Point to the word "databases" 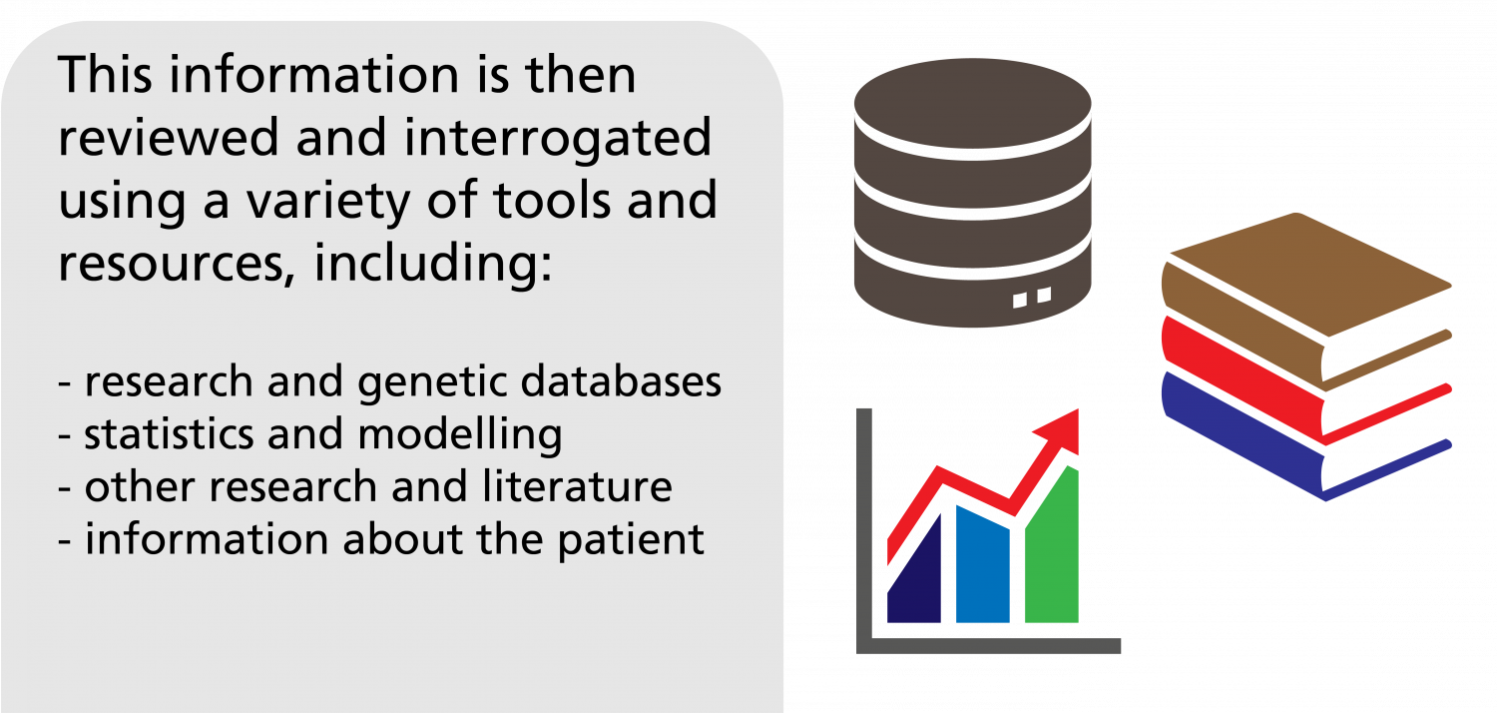coord(621,381)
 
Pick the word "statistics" coord(169,434)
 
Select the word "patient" coord(631,540)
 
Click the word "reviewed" coord(169,138)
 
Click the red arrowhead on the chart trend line coord(1061,429)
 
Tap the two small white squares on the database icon coord(1032,297)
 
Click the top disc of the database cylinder coord(972,104)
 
